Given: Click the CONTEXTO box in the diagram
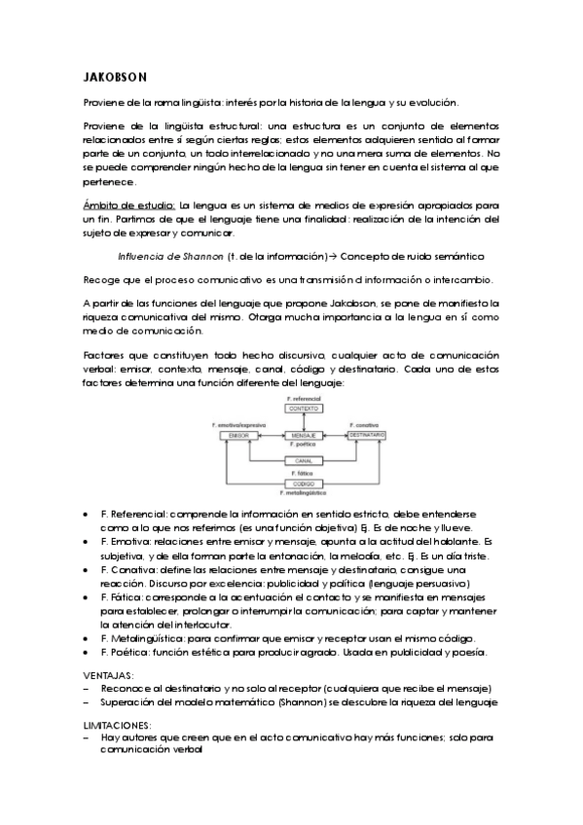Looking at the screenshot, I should pos(302,409).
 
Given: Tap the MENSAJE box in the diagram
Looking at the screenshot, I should pos(302,434).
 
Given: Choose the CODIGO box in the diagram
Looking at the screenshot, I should pos(302,484).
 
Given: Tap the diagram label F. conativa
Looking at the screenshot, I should pos(366,424).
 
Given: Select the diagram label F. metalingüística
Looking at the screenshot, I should pos(303,494).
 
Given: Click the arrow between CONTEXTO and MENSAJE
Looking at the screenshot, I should pos(302,421).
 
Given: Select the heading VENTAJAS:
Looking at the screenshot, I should pos(109,673).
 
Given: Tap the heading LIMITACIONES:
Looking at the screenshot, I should pos(117,726).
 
